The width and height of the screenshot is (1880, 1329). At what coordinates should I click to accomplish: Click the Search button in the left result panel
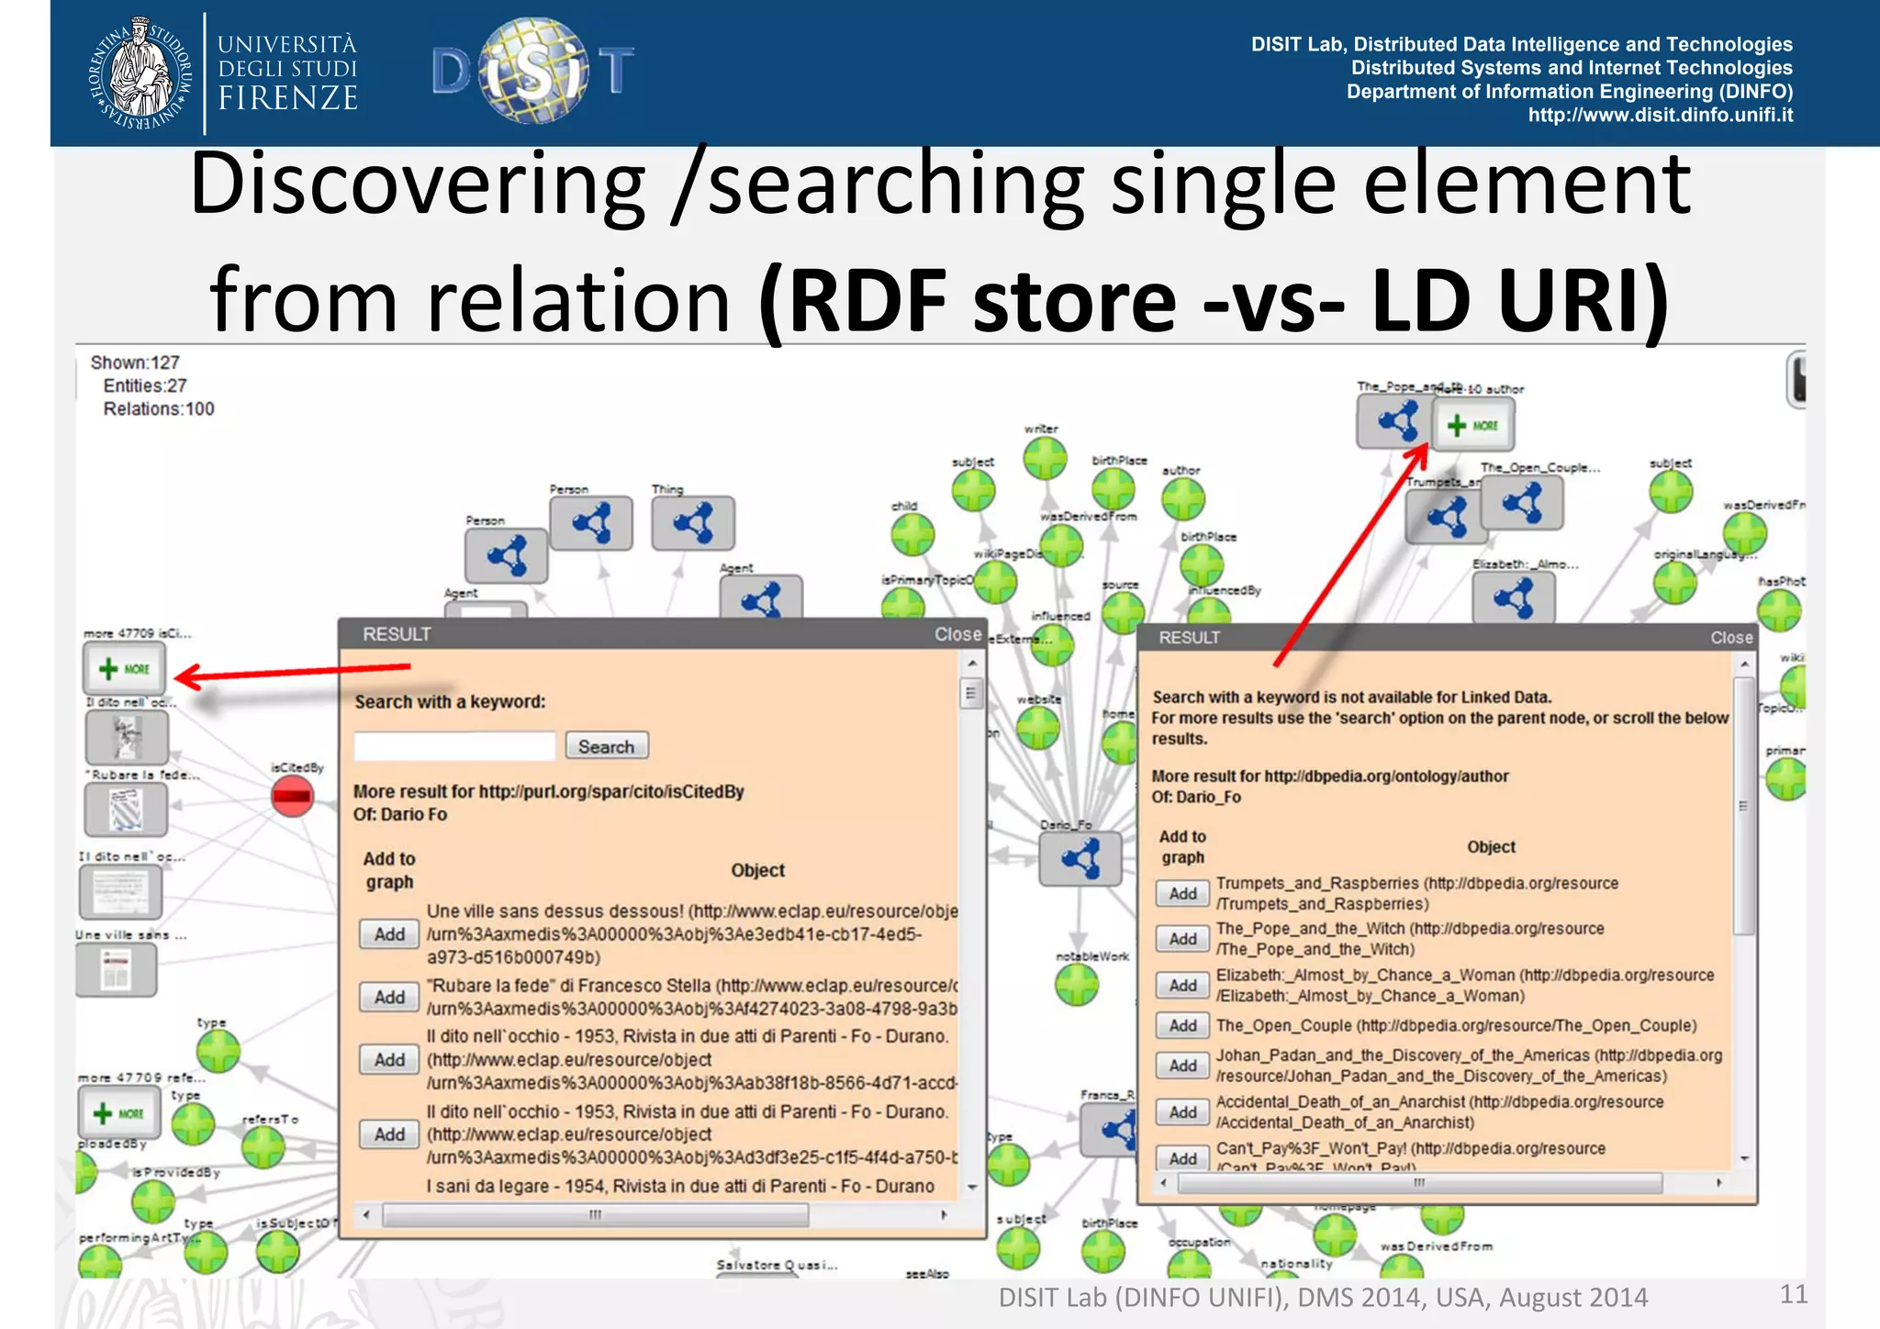pos(606,746)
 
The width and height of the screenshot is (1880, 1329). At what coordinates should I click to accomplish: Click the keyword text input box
pos(454,746)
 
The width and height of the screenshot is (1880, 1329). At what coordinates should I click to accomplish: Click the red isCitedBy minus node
pos(293,795)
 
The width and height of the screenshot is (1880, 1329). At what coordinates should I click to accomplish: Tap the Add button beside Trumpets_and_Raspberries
pos(1182,893)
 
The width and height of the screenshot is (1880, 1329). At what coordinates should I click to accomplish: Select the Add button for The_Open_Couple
pos(1182,1025)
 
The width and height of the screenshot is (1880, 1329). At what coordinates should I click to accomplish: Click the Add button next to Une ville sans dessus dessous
pos(389,934)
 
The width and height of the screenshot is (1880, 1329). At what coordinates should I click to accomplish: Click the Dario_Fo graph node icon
pos(1080,859)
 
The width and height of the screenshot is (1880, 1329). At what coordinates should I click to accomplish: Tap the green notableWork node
pos(1077,986)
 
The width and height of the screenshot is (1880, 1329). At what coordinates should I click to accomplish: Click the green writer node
pos(1045,457)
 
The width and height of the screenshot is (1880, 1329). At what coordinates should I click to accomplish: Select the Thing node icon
pos(692,523)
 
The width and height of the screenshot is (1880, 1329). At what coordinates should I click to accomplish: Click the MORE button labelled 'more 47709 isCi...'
pos(125,669)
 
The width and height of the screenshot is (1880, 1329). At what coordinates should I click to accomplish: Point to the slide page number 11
pos(1793,1294)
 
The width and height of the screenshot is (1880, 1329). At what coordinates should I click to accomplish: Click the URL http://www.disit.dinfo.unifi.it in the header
pos(1660,116)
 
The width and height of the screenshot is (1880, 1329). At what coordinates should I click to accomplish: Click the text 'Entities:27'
pos(145,386)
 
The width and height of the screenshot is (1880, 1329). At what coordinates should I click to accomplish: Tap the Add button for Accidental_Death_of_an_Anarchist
pos(1182,1112)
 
